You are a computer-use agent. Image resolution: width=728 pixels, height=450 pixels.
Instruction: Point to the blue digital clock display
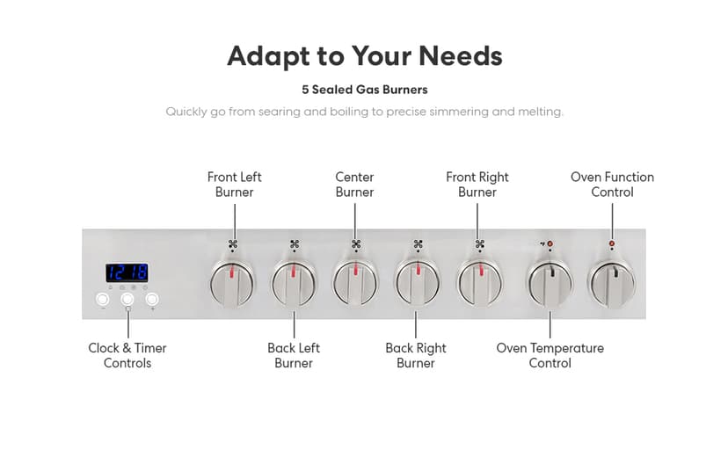[x=127, y=272]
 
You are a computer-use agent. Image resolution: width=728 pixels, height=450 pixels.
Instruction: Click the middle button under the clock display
[x=127, y=299]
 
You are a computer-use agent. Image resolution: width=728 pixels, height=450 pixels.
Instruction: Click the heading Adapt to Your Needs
[x=364, y=56]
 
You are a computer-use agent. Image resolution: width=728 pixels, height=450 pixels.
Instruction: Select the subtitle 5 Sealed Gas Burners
[x=364, y=90]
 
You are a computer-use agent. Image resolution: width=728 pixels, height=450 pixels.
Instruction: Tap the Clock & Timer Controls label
[x=127, y=355]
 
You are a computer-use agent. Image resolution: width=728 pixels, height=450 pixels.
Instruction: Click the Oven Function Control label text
[x=612, y=185]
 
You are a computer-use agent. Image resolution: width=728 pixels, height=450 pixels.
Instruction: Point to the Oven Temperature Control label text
[x=550, y=355]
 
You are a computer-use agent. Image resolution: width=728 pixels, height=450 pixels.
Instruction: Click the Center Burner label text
[x=354, y=185]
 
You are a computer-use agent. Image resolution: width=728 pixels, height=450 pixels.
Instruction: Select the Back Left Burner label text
[x=294, y=355]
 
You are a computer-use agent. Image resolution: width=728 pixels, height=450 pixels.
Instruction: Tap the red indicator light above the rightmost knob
[x=612, y=243]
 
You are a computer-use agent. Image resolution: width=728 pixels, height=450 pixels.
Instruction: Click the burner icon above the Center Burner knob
[x=356, y=243]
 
